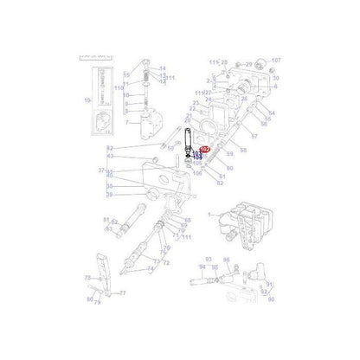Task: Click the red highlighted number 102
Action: [x=204, y=150]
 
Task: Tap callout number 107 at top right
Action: [x=276, y=61]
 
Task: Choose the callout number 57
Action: [x=253, y=135]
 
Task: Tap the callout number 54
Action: [x=271, y=112]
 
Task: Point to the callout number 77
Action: [x=122, y=293]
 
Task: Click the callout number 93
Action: [x=208, y=259]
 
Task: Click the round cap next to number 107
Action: [x=258, y=62]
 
